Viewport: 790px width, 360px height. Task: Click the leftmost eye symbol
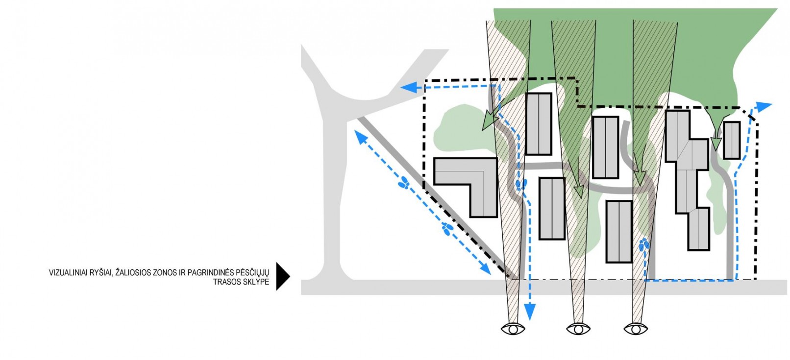(x=513, y=329)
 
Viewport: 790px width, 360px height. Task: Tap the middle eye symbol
(x=578, y=329)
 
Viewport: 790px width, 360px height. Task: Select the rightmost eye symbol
(x=636, y=329)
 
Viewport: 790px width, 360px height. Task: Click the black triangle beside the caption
(x=282, y=276)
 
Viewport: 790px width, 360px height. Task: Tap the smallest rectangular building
(x=732, y=141)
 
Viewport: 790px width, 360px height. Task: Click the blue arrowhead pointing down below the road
(x=530, y=312)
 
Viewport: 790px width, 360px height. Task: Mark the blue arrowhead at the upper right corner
(x=763, y=107)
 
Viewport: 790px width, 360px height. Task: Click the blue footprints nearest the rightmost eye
(x=644, y=245)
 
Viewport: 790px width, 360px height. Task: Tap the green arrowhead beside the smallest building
(x=716, y=144)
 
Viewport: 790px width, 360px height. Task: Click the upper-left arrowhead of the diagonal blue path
(x=360, y=137)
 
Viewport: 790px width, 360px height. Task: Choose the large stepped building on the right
(x=688, y=180)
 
